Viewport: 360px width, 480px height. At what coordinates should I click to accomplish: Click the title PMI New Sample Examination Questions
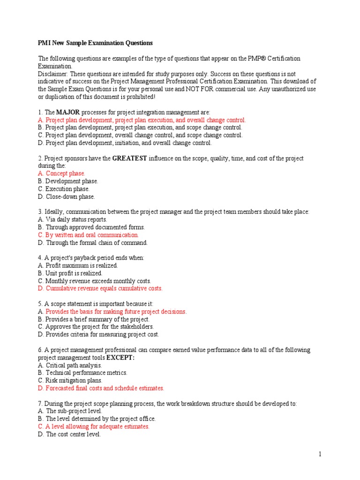pyautogui.click(x=95, y=43)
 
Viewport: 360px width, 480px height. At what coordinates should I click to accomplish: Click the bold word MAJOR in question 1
pyautogui.click(x=67, y=112)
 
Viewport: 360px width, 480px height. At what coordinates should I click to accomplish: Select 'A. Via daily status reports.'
pyautogui.click(x=73, y=219)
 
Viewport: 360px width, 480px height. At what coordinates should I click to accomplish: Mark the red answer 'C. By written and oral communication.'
pyautogui.click(x=89, y=235)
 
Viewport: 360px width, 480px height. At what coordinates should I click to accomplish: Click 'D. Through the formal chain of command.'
pyautogui.click(x=93, y=242)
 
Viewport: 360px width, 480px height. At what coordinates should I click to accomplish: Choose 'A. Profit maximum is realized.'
pyautogui.click(x=78, y=265)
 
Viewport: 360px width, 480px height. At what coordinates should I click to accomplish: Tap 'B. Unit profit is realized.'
pyautogui.click(x=70, y=273)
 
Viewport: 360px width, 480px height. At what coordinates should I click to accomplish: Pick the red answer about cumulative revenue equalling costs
pyautogui.click(x=100, y=288)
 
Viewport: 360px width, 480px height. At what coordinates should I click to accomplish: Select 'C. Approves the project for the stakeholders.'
pyautogui.click(x=96, y=327)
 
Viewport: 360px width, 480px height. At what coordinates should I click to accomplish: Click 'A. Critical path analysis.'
pyautogui.click(x=70, y=365)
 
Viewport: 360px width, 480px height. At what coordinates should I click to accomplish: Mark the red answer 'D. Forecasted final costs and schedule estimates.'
pyautogui.click(x=101, y=388)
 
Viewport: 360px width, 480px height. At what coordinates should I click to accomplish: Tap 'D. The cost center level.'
pyautogui.click(x=69, y=434)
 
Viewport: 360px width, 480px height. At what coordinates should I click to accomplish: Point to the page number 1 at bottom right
pyautogui.click(x=320, y=454)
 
